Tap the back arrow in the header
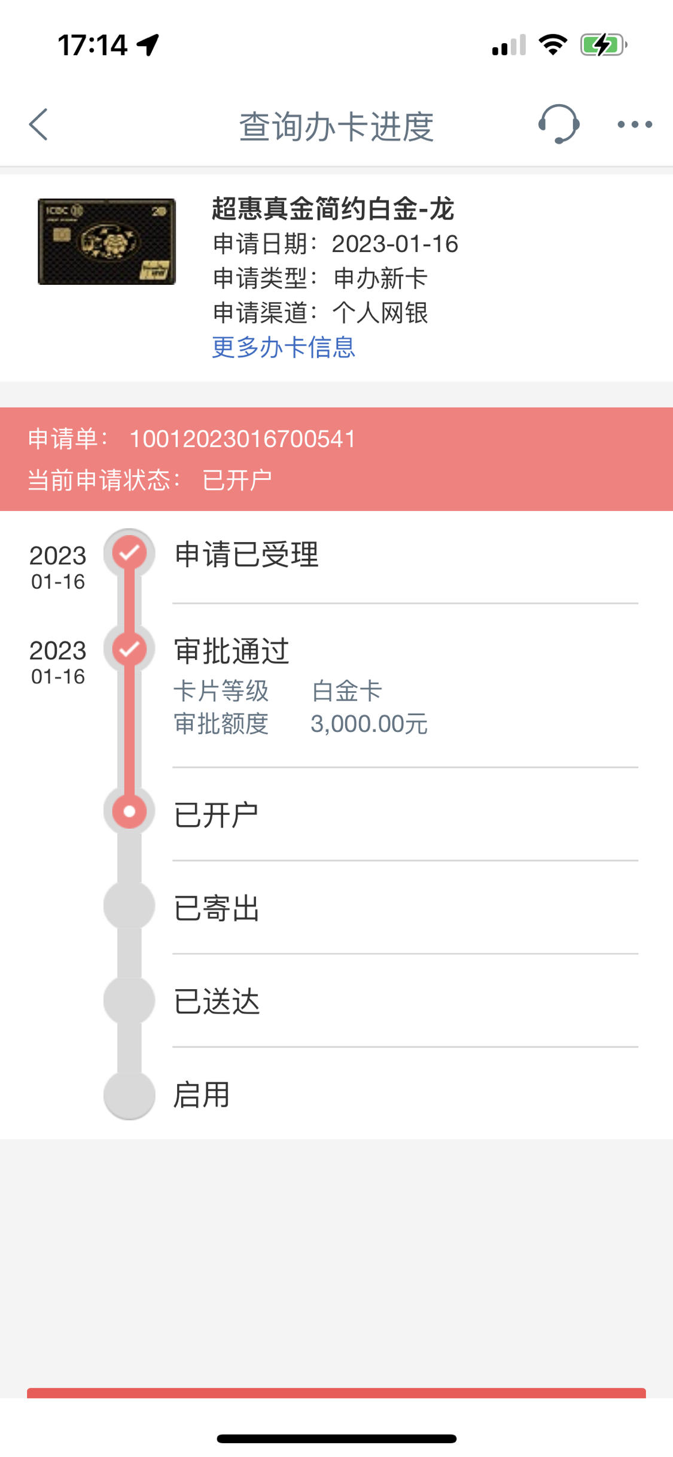(x=38, y=124)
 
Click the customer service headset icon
(x=559, y=124)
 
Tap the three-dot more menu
(x=635, y=124)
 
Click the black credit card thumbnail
(x=106, y=242)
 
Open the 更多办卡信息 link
(x=284, y=347)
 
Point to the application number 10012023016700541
(x=242, y=439)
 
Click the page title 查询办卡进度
(x=336, y=126)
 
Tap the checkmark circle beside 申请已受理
(x=129, y=553)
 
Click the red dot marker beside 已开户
(x=129, y=811)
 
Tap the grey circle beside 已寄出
(x=129, y=905)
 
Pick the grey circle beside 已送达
(x=129, y=1000)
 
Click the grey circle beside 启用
(x=129, y=1094)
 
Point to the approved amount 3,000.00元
(x=369, y=724)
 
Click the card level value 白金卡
(x=347, y=691)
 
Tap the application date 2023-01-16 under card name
(x=395, y=244)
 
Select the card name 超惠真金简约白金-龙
(x=333, y=209)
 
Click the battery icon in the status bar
(x=604, y=45)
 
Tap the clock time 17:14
(x=93, y=45)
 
